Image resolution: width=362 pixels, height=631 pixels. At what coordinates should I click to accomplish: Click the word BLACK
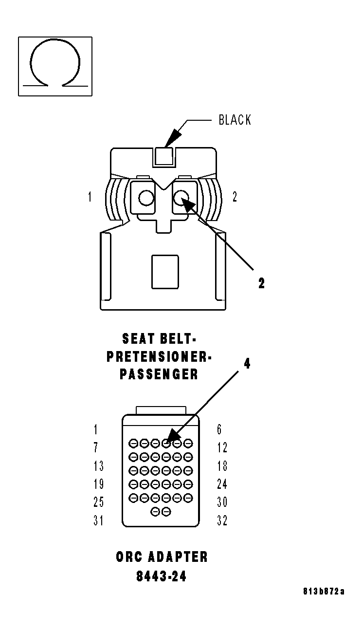[235, 120]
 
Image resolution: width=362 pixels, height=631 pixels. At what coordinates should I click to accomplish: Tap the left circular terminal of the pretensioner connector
[146, 198]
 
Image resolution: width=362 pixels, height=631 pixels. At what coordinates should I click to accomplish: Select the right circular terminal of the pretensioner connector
[181, 198]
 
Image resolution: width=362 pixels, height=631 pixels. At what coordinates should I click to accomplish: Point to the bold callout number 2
[261, 283]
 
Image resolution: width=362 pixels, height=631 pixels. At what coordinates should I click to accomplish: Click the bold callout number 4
[247, 364]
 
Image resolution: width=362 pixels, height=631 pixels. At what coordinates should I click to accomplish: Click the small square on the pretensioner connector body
[165, 272]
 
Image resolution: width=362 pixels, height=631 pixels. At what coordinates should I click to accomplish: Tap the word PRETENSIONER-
[159, 357]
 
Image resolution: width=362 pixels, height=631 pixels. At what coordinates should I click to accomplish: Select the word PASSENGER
[159, 374]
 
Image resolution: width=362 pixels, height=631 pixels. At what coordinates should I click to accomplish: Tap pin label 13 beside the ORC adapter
[99, 466]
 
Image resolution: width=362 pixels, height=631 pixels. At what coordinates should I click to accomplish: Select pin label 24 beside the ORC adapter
[222, 484]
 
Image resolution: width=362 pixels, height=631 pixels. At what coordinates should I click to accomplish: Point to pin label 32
[222, 520]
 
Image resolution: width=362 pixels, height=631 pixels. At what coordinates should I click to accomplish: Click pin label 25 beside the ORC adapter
[99, 502]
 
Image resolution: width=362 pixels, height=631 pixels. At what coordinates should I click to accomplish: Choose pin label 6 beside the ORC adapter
[219, 429]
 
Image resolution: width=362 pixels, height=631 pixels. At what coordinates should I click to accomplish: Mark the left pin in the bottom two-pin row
[155, 512]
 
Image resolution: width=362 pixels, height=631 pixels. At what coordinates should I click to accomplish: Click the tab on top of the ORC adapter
[161, 410]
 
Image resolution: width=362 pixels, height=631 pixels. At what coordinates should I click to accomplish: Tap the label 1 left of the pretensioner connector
[90, 197]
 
